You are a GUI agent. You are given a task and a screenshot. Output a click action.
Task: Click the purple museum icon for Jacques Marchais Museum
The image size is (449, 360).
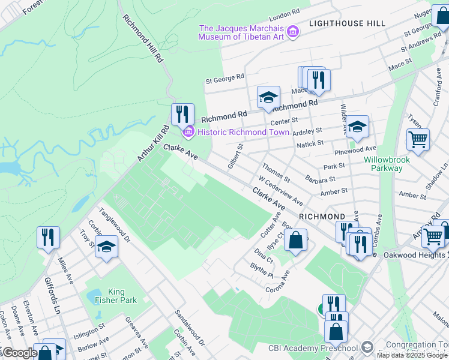(293, 31)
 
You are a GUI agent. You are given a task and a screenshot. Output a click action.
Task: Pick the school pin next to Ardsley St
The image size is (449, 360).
(357, 126)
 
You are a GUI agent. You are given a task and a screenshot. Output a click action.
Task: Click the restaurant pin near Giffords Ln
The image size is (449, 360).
(48, 236)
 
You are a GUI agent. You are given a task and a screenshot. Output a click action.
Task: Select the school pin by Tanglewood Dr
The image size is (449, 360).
(106, 247)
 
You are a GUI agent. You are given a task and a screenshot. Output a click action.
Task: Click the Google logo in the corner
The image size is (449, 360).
(20, 353)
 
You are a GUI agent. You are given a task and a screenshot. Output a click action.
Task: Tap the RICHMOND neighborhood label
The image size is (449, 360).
(322, 216)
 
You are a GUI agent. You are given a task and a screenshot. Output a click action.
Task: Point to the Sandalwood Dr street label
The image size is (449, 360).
(190, 328)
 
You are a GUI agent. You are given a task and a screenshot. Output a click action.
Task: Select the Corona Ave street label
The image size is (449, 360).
(278, 281)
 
